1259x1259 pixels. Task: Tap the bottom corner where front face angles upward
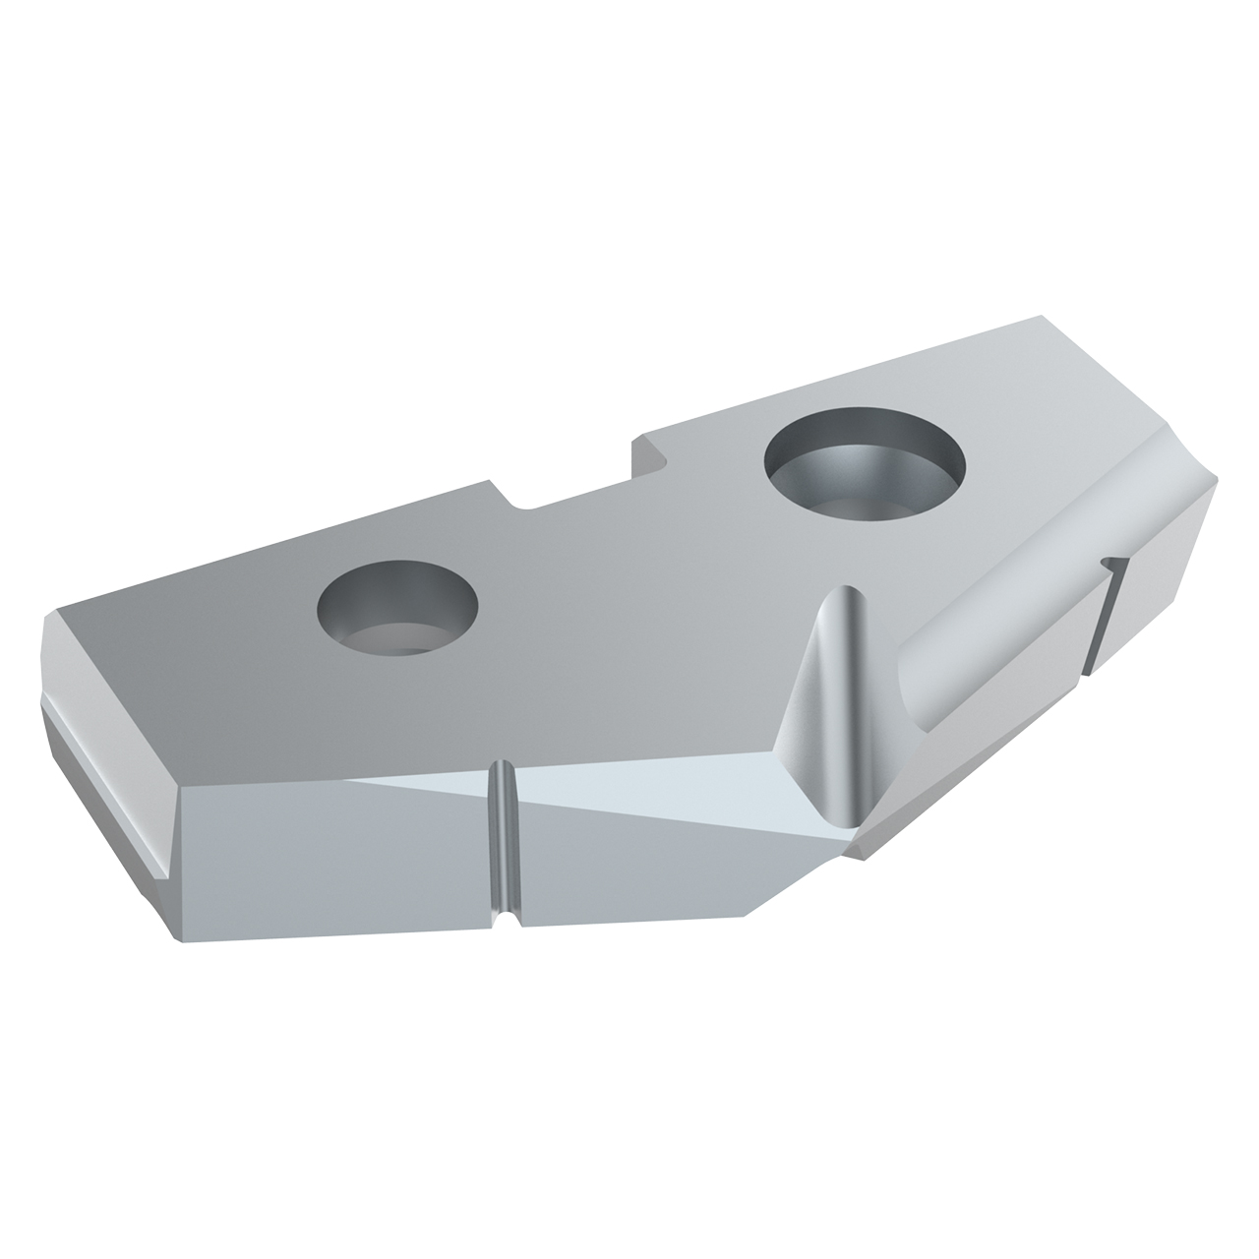point(748,915)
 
